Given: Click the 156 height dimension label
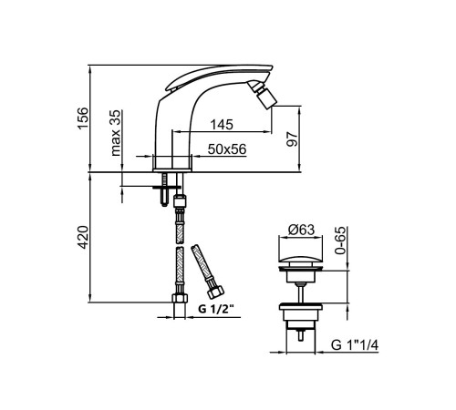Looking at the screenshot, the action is (83, 118).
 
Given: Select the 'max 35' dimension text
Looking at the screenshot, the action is (115, 133).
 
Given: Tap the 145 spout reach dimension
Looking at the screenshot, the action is (222, 125).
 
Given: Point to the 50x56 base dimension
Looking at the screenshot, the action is (227, 149).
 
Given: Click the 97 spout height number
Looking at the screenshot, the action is (292, 139).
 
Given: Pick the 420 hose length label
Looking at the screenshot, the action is (83, 237).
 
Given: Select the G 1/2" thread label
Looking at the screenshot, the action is (216, 309).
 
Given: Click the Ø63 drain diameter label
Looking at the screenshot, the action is (301, 230).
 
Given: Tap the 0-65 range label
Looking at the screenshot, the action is (340, 241).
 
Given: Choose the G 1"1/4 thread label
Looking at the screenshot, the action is (355, 345).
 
